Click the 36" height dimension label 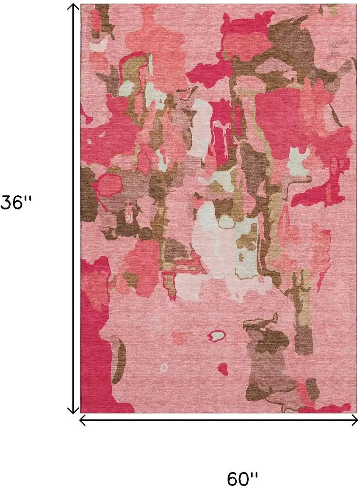(x=16, y=202)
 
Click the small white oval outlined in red (x=217, y=336)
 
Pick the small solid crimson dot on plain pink (x=223, y=367)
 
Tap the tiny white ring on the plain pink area (x=164, y=368)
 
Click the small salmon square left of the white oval (x=180, y=338)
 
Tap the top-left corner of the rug (x=81, y=5)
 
